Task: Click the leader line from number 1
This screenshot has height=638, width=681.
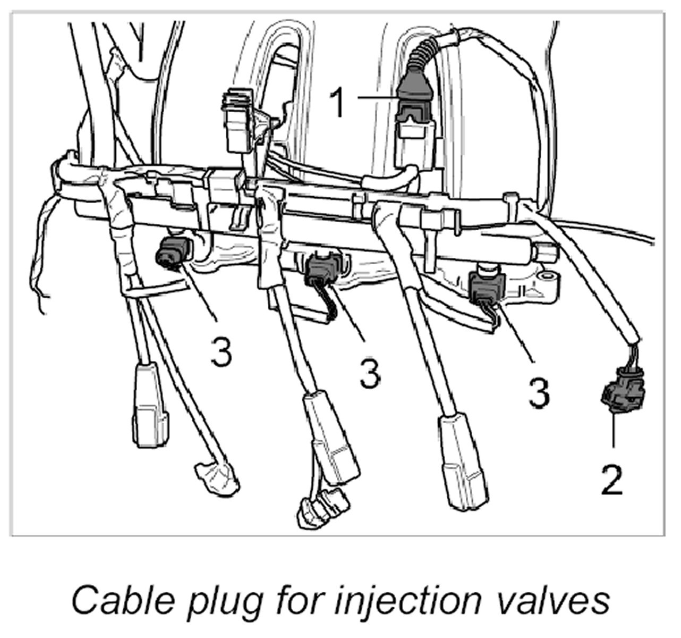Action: point(377,97)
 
